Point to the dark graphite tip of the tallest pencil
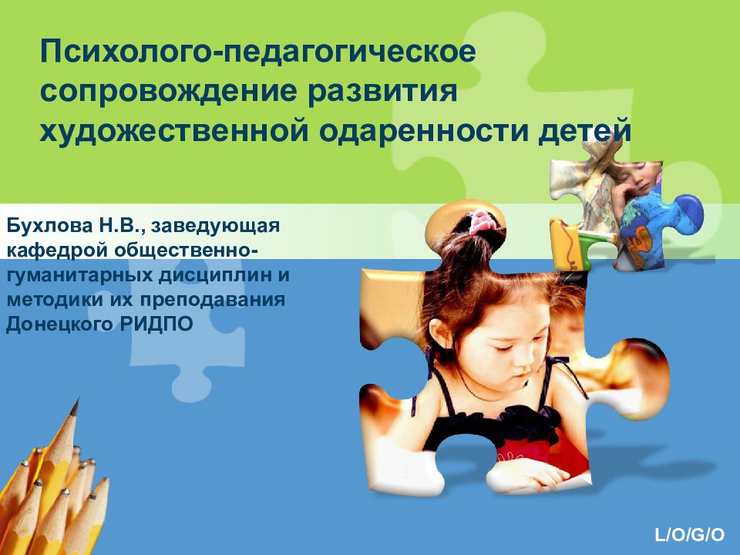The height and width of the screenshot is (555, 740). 74,405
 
